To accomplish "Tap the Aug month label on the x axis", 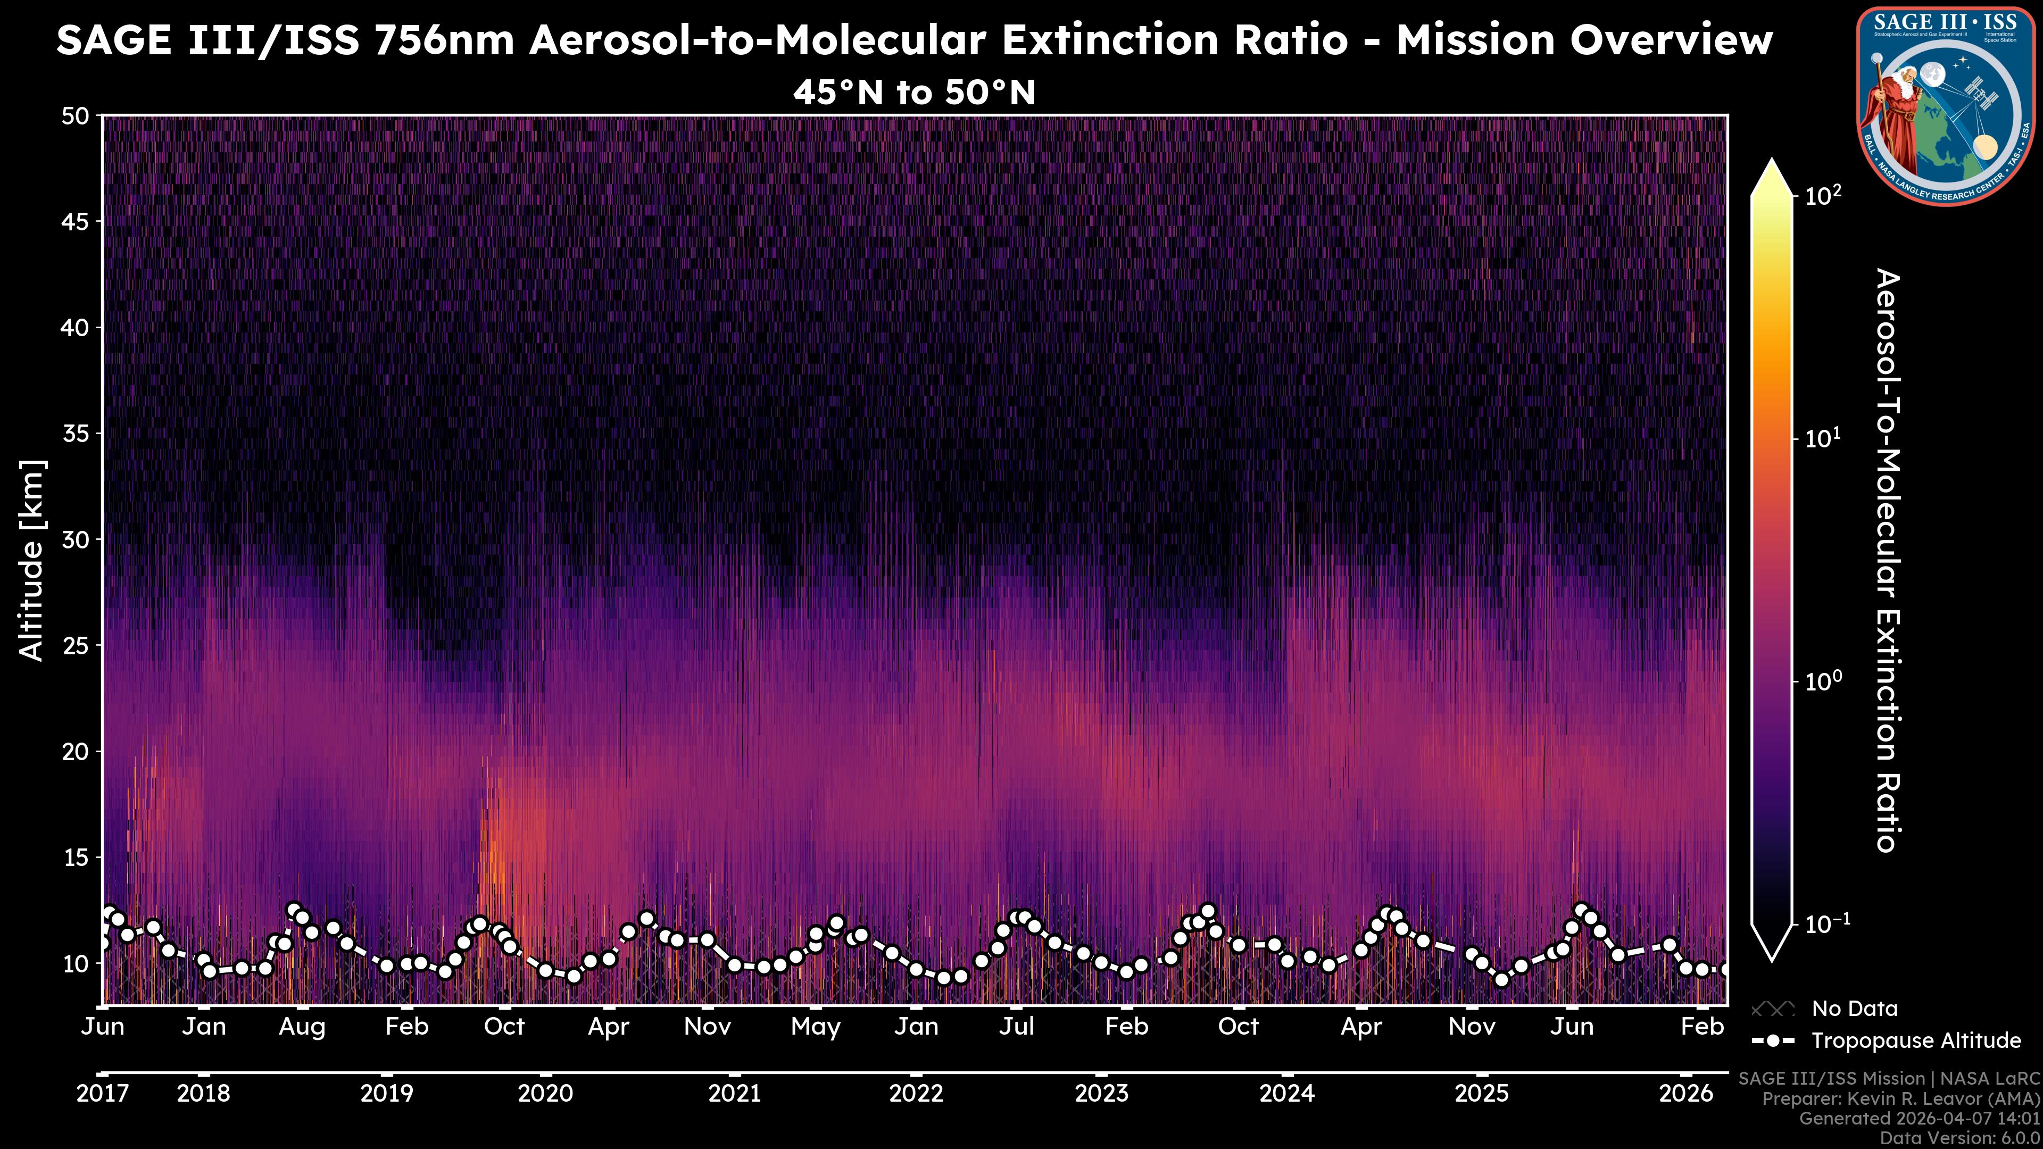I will pyautogui.click(x=302, y=1027).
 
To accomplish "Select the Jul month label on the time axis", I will pyautogui.click(x=1016, y=1027).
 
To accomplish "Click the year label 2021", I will pyautogui.click(x=734, y=1094).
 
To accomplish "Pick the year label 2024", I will pyautogui.click(x=1286, y=1094).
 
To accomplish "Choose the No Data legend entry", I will pyautogui.click(x=1854, y=1009).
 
